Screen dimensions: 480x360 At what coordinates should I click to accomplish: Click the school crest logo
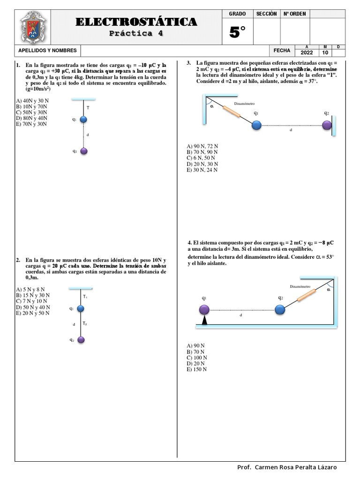tap(33, 27)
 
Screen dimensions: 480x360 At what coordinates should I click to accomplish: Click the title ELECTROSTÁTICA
tap(136, 22)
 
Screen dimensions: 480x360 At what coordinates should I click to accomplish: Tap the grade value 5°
tap(238, 32)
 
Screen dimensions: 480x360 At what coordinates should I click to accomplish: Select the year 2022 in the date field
tap(307, 53)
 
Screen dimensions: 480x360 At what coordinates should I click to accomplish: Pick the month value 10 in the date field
tap(325, 53)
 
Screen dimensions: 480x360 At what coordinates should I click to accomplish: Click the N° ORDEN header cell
tap(295, 14)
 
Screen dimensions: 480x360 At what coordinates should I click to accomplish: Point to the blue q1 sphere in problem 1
tap(83, 120)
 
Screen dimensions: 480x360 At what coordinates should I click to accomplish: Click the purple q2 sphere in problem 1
tap(84, 151)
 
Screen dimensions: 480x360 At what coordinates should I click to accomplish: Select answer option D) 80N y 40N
tap(32, 118)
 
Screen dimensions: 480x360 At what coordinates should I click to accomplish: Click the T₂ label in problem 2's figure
tap(85, 323)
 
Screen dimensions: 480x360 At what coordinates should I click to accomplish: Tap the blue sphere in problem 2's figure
tap(81, 308)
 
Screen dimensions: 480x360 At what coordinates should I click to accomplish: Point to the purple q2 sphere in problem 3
tap(327, 125)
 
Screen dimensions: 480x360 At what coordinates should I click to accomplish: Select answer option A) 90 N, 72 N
tap(202, 146)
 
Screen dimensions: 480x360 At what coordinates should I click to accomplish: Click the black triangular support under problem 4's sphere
tap(204, 320)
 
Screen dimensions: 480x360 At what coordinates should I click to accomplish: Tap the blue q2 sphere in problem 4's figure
tap(280, 310)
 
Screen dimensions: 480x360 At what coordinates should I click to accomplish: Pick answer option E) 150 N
tap(196, 369)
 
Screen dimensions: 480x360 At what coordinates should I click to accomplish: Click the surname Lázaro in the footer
tap(324, 467)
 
